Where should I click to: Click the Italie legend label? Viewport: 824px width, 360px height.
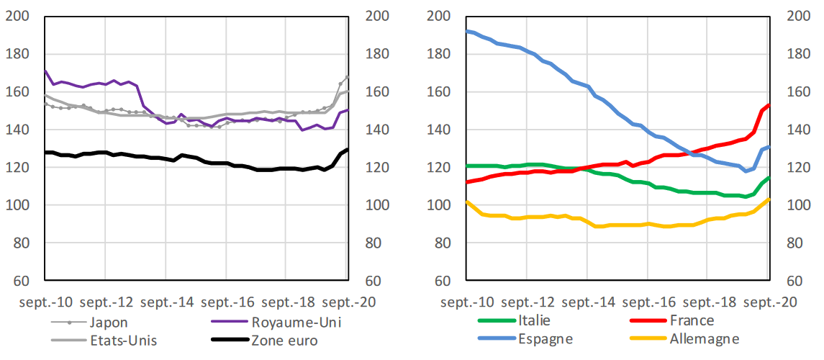(x=533, y=320)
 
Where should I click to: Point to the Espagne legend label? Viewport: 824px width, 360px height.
(x=545, y=339)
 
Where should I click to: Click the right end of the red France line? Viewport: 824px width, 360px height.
(x=769, y=105)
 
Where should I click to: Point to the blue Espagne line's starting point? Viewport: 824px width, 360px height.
(x=466, y=31)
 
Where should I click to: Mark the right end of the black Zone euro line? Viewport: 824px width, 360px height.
(x=348, y=150)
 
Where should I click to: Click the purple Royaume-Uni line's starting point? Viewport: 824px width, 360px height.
(x=45, y=71)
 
